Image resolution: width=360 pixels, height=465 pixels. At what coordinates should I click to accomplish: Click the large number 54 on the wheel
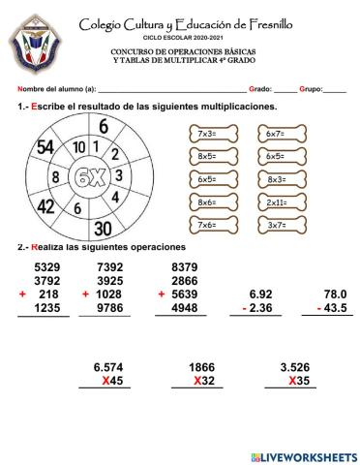[x=45, y=148]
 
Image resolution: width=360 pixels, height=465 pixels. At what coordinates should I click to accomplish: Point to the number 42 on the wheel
[x=45, y=205]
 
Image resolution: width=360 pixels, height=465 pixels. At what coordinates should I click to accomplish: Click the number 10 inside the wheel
[x=79, y=147]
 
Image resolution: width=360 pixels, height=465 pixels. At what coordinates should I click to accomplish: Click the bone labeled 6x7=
[x=275, y=133]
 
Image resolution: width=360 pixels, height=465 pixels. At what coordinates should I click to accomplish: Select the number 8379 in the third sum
[x=183, y=266]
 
